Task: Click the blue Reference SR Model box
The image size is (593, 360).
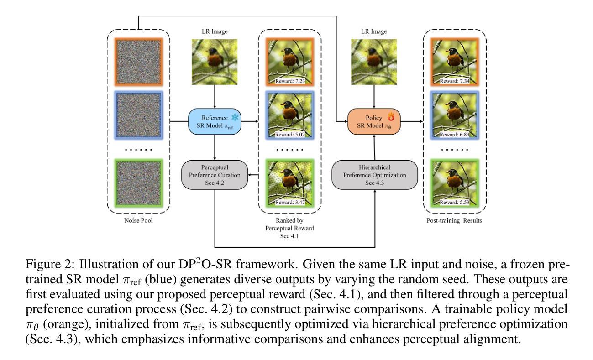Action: coord(215,122)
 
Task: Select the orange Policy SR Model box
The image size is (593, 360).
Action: coord(374,122)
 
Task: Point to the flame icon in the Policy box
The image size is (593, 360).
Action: coord(391,117)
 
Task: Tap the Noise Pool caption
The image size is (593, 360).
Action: coord(138,221)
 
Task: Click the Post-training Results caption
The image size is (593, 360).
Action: coord(451,221)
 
